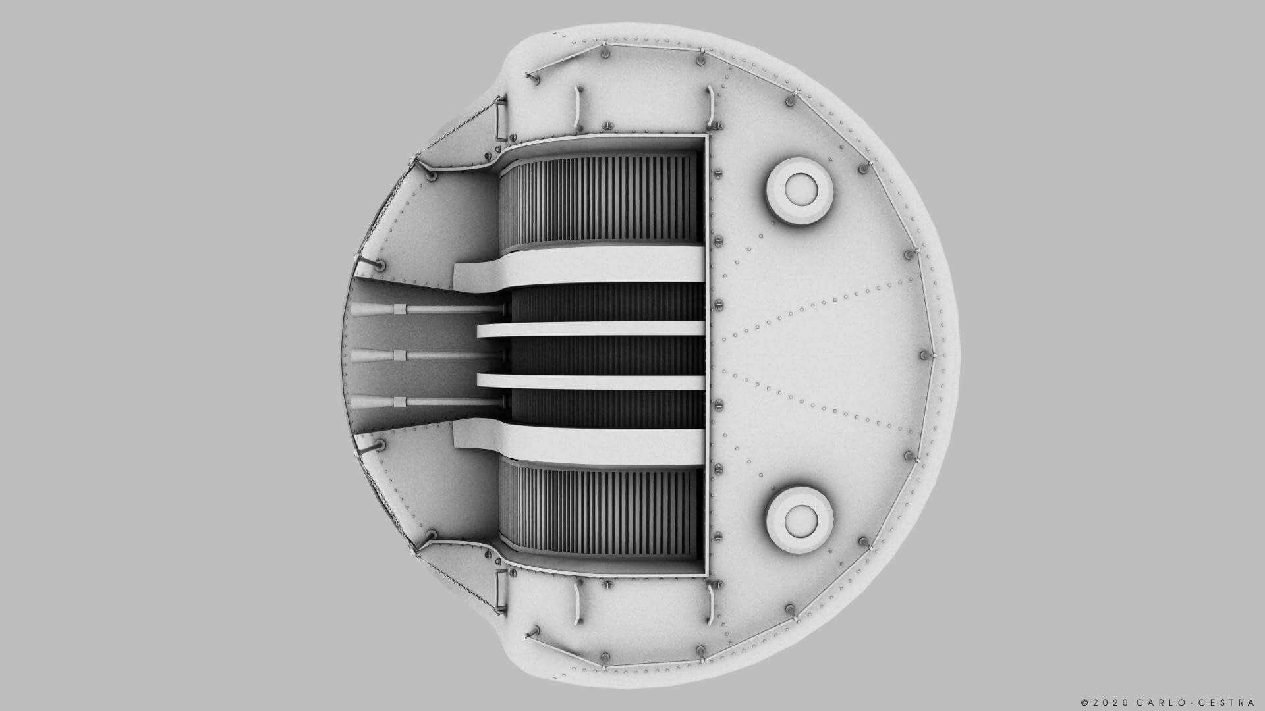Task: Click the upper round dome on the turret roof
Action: tap(801, 190)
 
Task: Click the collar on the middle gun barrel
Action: tap(399, 355)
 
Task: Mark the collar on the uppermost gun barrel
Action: tap(399, 309)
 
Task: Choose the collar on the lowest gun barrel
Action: tap(399, 402)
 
